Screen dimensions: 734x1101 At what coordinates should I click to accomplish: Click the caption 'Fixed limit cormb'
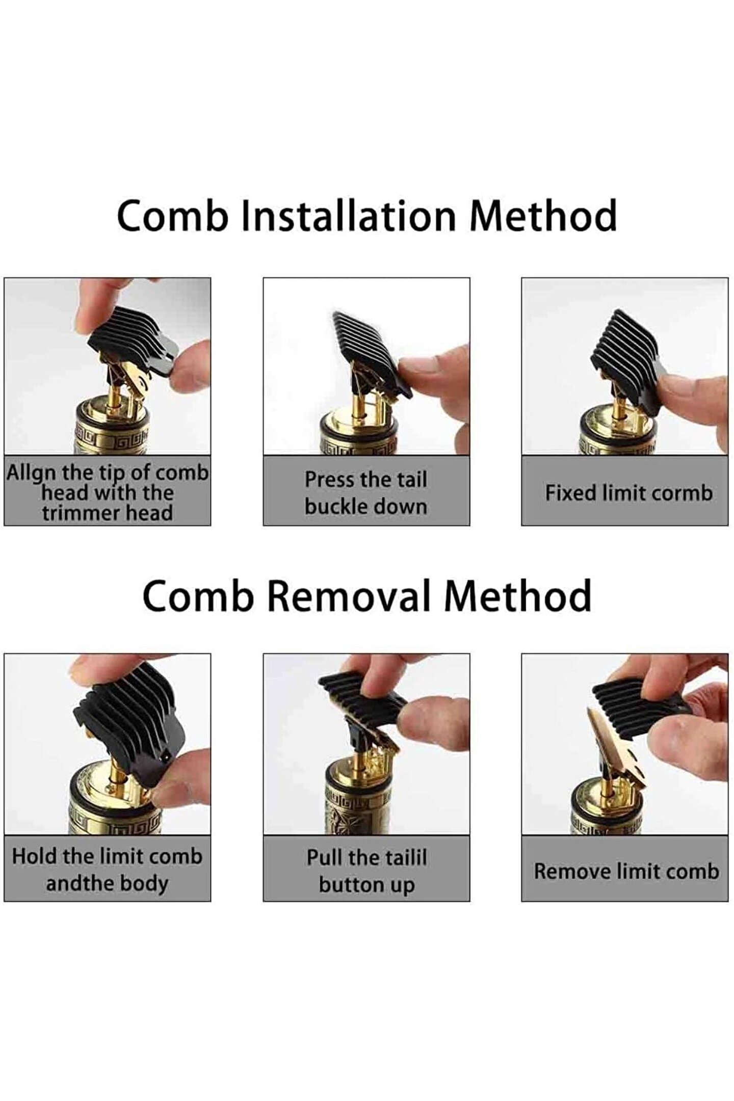pyautogui.click(x=628, y=493)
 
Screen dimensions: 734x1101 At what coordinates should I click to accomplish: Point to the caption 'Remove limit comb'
pyautogui.click(x=626, y=871)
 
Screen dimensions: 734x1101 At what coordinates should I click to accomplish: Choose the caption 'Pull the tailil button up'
pyautogui.click(x=366, y=871)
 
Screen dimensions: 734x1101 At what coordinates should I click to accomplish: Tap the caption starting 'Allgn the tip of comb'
pyautogui.click(x=107, y=492)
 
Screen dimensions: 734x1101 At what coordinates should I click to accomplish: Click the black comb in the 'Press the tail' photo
pyautogui.click(x=372, y=352)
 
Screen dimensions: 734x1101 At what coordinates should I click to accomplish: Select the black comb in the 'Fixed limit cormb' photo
pyautogui.click(x=630, y=360)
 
